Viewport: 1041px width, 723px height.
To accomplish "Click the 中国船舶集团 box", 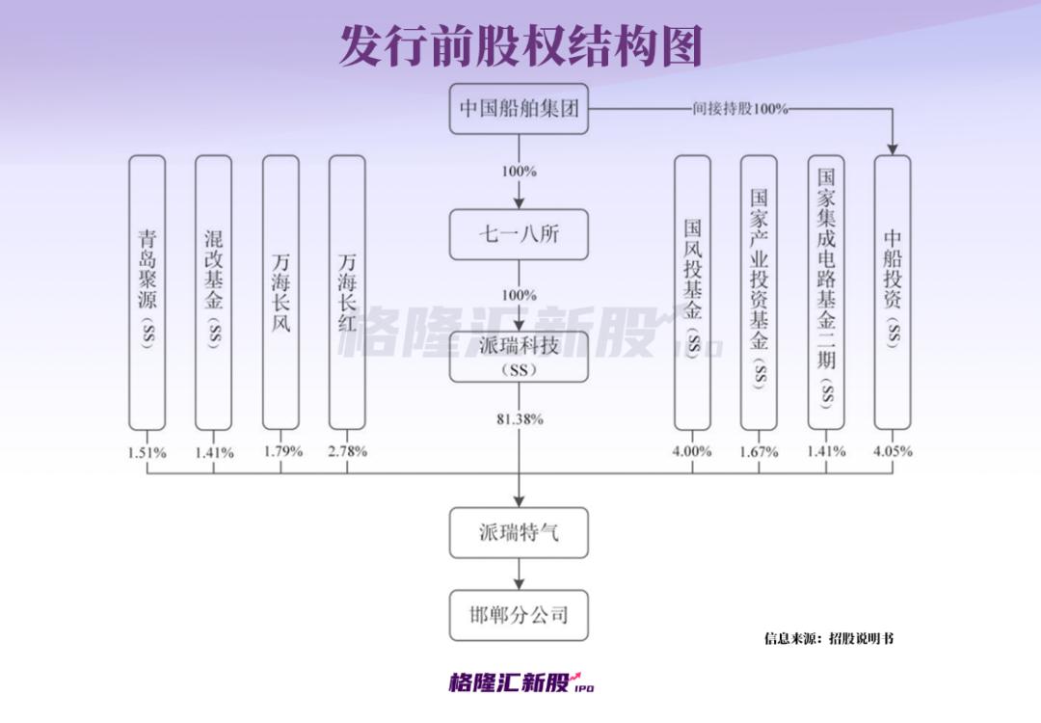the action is point(519,108).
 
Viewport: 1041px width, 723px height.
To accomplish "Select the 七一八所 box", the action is point(519,234).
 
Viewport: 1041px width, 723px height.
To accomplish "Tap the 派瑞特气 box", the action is point(519,532).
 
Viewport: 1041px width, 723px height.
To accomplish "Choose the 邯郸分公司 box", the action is point(519,615).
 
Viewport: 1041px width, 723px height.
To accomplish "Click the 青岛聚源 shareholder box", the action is point(147,293).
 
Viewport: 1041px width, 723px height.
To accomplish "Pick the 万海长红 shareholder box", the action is point(347,293).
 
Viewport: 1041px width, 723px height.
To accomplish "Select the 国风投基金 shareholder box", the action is point(692,293).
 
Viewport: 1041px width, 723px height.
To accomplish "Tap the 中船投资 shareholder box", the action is point(893,293).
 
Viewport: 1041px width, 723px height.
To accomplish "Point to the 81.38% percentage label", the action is point(520,419).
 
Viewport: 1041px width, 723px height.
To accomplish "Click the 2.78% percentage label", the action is point(347,451).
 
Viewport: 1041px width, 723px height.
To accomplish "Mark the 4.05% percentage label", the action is point(893,451).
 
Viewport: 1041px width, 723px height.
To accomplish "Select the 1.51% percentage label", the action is point(147,453).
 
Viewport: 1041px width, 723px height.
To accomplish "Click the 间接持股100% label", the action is point(740,108).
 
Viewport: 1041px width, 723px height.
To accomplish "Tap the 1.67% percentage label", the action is point(759,452).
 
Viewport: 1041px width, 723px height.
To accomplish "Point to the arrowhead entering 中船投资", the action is point(893,149).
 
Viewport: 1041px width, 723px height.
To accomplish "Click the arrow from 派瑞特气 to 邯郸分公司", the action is point(520,575).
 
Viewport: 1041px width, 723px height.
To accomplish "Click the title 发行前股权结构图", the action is point(520,46).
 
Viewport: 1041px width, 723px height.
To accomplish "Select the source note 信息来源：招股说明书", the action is point(829,639).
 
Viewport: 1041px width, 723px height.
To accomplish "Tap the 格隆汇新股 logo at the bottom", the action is point(521,682).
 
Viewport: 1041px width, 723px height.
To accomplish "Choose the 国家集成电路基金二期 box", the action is point(826,293).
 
